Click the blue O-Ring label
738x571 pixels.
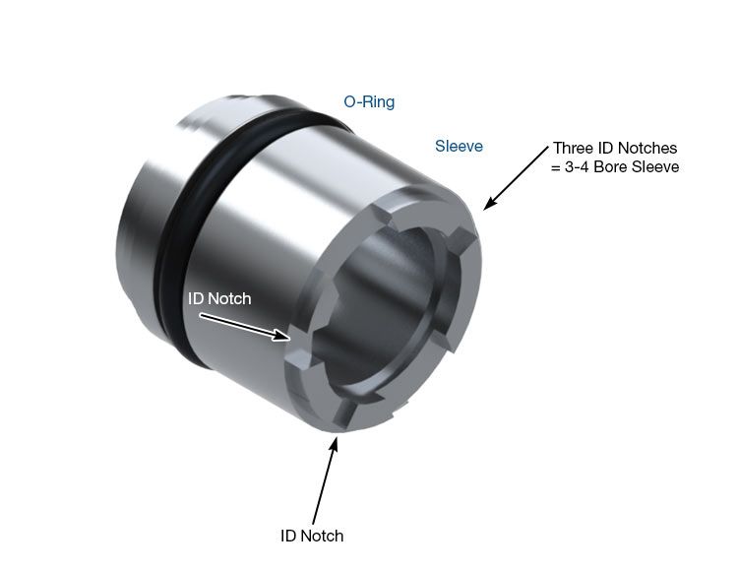369,101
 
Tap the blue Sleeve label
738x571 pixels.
459,146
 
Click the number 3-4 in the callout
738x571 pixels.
577,166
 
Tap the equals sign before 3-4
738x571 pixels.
556,167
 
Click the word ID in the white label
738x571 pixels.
196,298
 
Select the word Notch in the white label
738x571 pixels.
229,298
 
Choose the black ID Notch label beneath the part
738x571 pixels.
312,536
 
